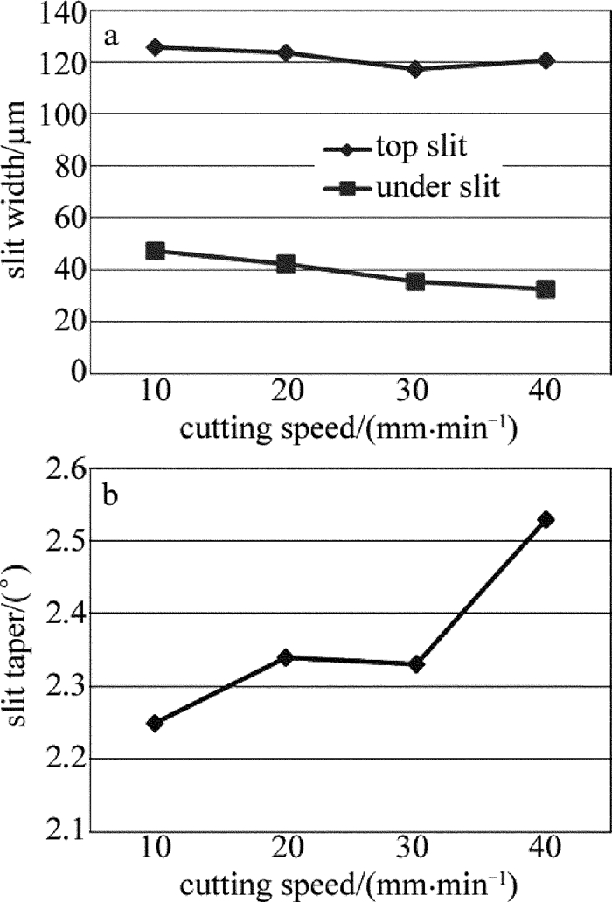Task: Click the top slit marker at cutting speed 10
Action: pyautogui.click(x=155, y=47)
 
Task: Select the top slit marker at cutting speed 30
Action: pyautogui.click(x=415, y=68)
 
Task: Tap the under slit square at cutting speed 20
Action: pyautogui.click(x=286, y=264)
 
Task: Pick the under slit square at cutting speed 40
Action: pyautogui.click(x=546, y=288)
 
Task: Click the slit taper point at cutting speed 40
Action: pyautogui.click(x=546, y=519)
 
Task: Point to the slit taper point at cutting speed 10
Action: pyautogui.click(x=155, y=723)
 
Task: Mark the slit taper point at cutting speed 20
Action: pyautogui.click(x=286, y=657)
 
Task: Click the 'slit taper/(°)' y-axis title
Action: pyautogui.click(x=19, y=651)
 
